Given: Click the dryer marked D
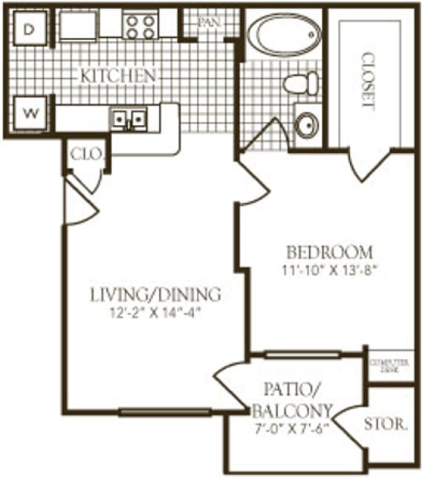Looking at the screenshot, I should point(28,29).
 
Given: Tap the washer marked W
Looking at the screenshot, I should point(29,114).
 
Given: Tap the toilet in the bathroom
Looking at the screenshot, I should point(302,83).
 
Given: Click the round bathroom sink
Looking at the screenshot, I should point(305,125).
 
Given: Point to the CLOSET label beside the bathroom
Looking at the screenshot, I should point(366,80).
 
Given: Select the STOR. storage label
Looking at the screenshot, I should point(386,425).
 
